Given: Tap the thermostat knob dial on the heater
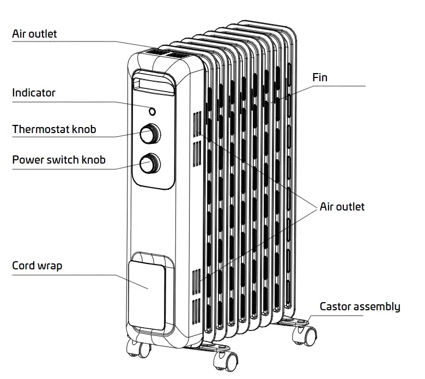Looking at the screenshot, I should point(149,133).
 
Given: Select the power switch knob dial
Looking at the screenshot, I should point(149,163).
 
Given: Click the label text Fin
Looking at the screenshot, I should point(320,77).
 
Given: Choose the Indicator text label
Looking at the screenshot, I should point(34,93).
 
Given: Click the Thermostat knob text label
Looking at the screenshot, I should point(54,129).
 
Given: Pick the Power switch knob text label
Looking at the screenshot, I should point(59,160).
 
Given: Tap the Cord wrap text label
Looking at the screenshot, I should point(37,266).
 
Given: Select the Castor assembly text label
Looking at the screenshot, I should point(360,306).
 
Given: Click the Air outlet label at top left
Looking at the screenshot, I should point(34,34).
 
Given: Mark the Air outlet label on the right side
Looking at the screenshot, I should point(342,207).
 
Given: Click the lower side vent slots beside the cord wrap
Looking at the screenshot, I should point(196,294).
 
